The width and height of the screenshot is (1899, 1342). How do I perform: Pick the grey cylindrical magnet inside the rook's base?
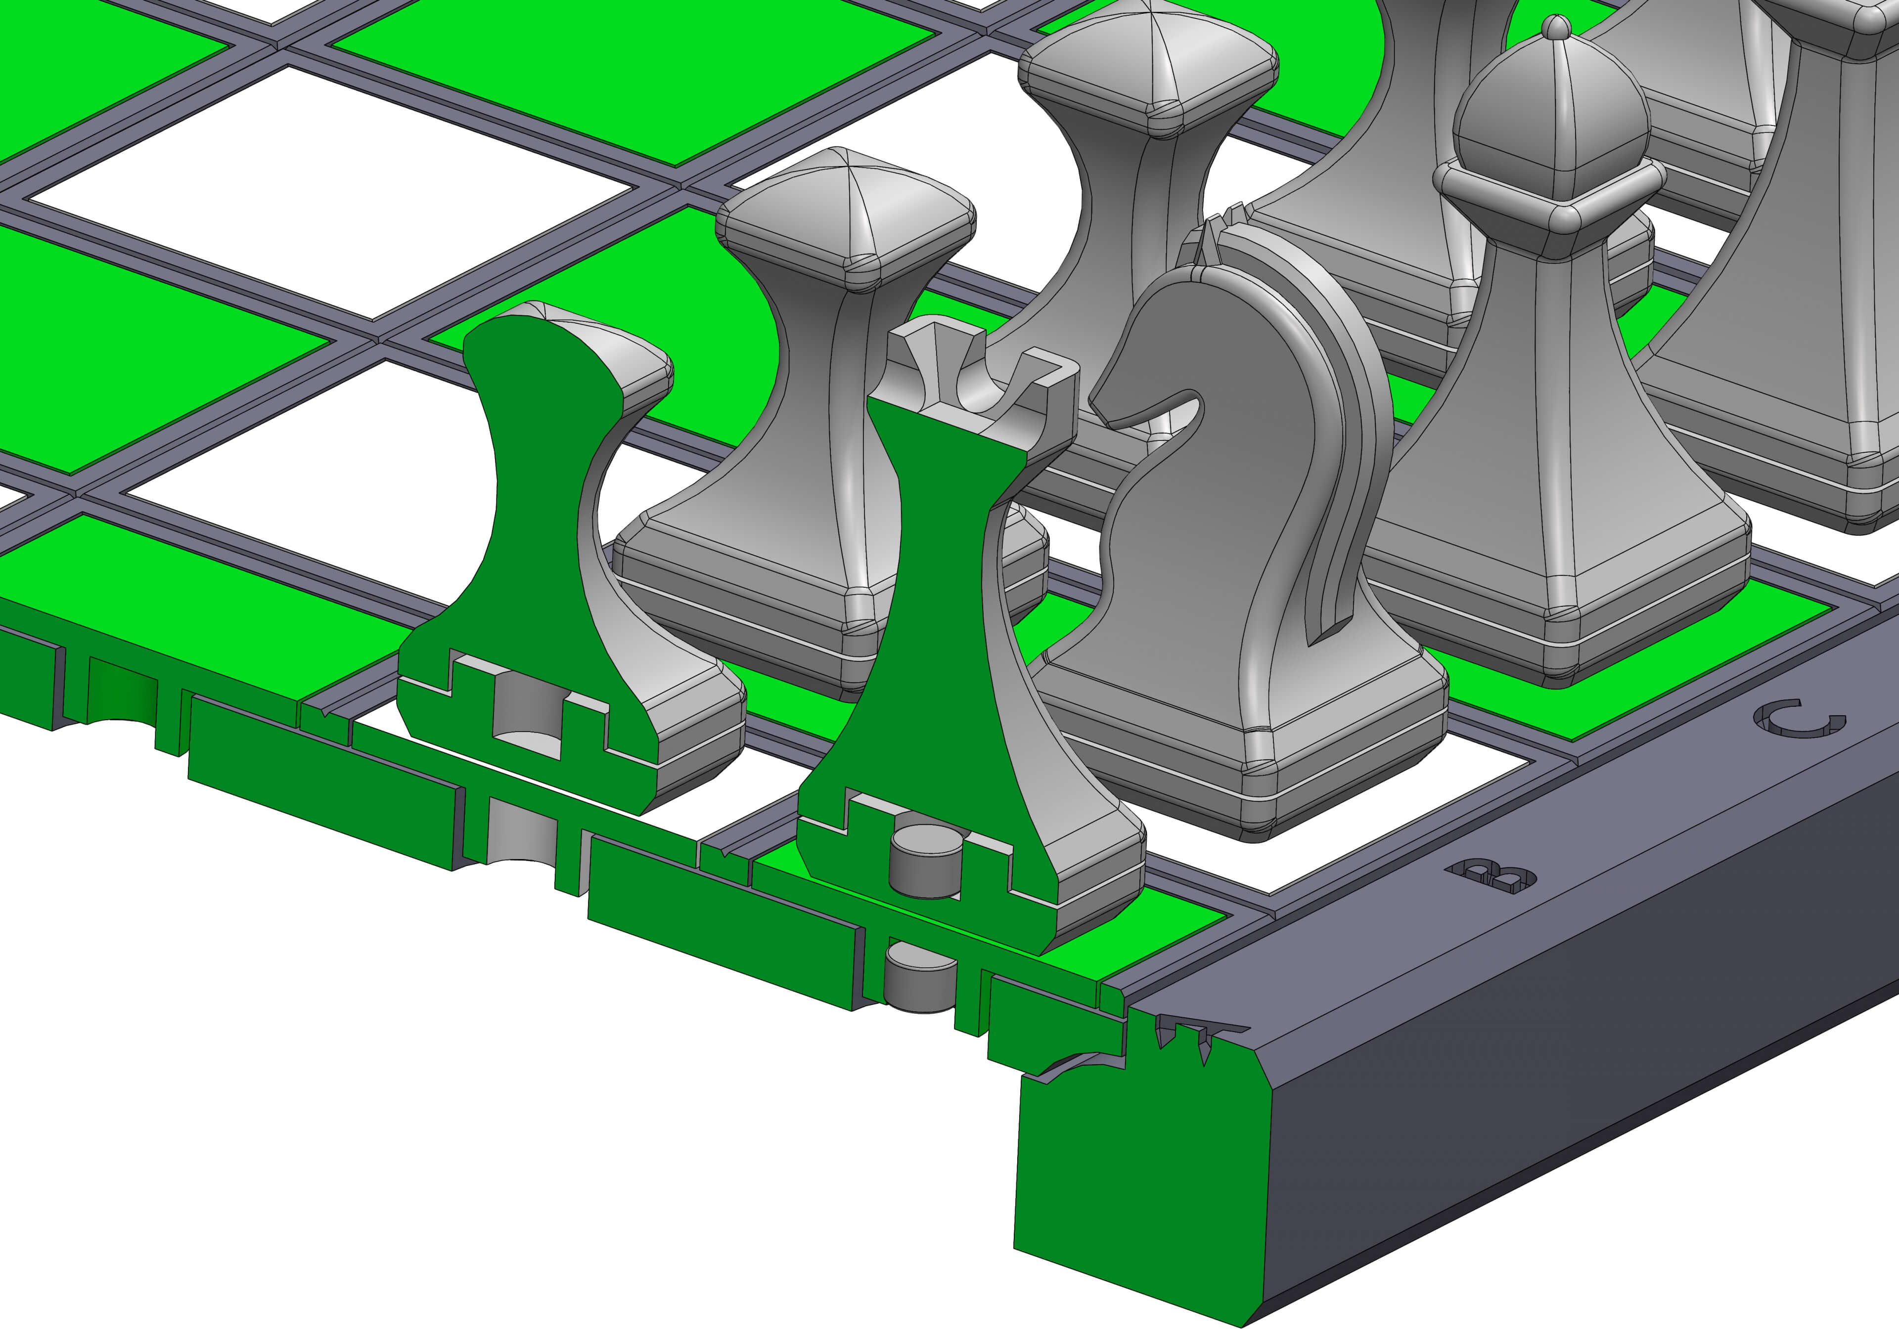925,864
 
